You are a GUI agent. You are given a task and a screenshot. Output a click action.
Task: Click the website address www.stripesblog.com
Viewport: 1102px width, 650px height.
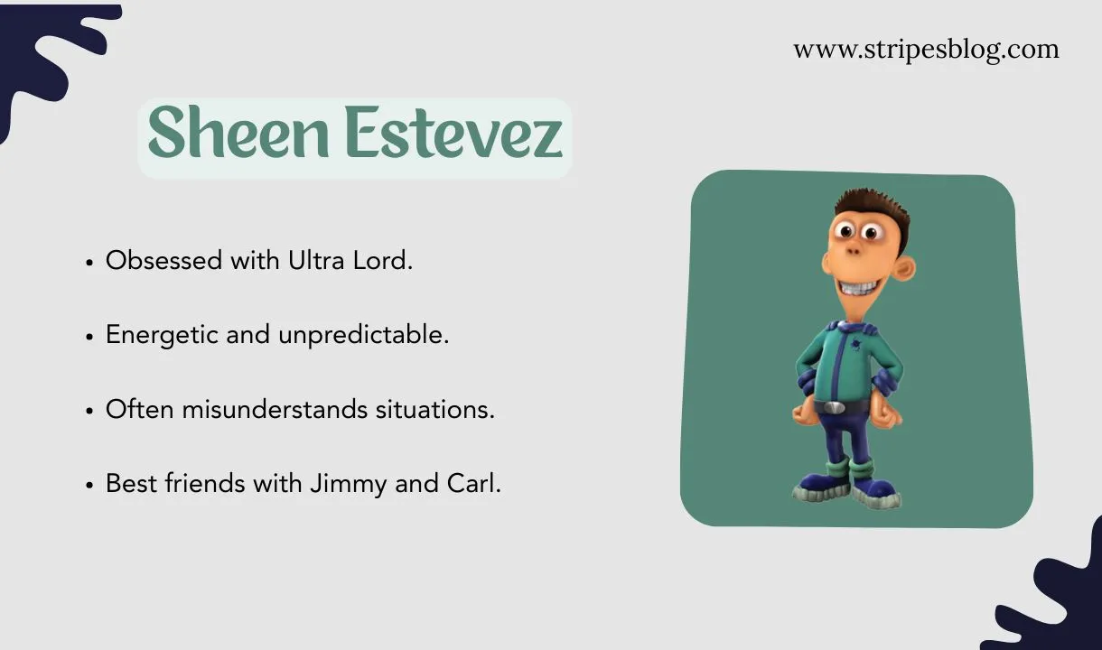926,50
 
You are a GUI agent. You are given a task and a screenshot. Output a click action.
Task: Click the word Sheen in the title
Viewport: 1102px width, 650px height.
238,135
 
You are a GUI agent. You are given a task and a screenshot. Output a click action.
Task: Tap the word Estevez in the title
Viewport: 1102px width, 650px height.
453,135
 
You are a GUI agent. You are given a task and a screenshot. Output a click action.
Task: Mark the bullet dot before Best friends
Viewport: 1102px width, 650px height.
89,486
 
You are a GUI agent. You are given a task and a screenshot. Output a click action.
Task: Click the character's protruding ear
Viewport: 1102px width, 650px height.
903,267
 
